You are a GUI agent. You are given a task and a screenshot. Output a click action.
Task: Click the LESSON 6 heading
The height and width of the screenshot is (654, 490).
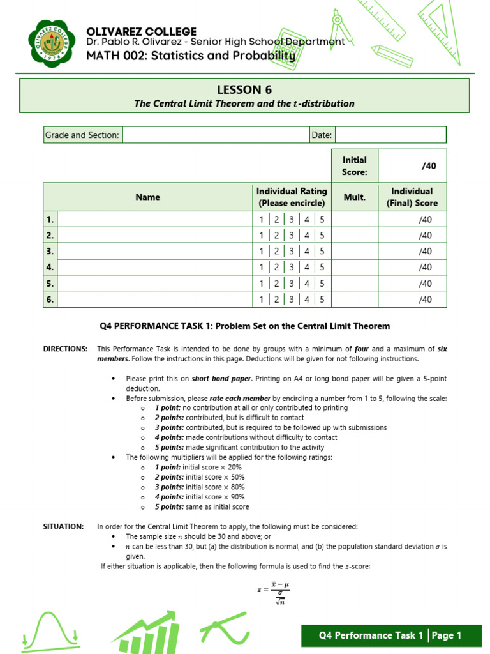(244, 89)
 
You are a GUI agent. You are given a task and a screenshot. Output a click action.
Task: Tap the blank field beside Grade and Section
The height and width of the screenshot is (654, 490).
(214, 135)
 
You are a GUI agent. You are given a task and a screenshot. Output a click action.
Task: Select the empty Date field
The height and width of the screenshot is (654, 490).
(390, 135)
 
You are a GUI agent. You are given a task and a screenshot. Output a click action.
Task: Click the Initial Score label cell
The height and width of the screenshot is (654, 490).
(355, 166)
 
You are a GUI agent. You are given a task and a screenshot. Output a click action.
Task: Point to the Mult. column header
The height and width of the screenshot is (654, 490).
(355, 197)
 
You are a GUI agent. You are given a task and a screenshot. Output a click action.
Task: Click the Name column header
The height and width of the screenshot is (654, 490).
(147, 197)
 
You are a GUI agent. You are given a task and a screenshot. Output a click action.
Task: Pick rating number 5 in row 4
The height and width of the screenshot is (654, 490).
(322, 268)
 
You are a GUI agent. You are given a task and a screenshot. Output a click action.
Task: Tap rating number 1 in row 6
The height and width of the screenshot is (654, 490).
(261, 300)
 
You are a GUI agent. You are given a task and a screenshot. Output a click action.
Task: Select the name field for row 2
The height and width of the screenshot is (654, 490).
(153, 236)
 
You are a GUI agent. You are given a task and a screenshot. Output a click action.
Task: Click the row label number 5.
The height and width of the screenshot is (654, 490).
(50, 284)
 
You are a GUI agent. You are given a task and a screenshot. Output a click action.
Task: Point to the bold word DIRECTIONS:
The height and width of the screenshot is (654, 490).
(65, 349)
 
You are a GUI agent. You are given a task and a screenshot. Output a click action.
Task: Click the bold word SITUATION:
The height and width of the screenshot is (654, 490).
(63, 526)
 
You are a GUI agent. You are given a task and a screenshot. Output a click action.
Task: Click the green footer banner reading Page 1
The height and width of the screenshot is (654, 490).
(390, 635)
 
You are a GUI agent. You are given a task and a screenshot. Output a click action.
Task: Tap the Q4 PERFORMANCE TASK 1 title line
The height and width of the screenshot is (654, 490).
(244, 326)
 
